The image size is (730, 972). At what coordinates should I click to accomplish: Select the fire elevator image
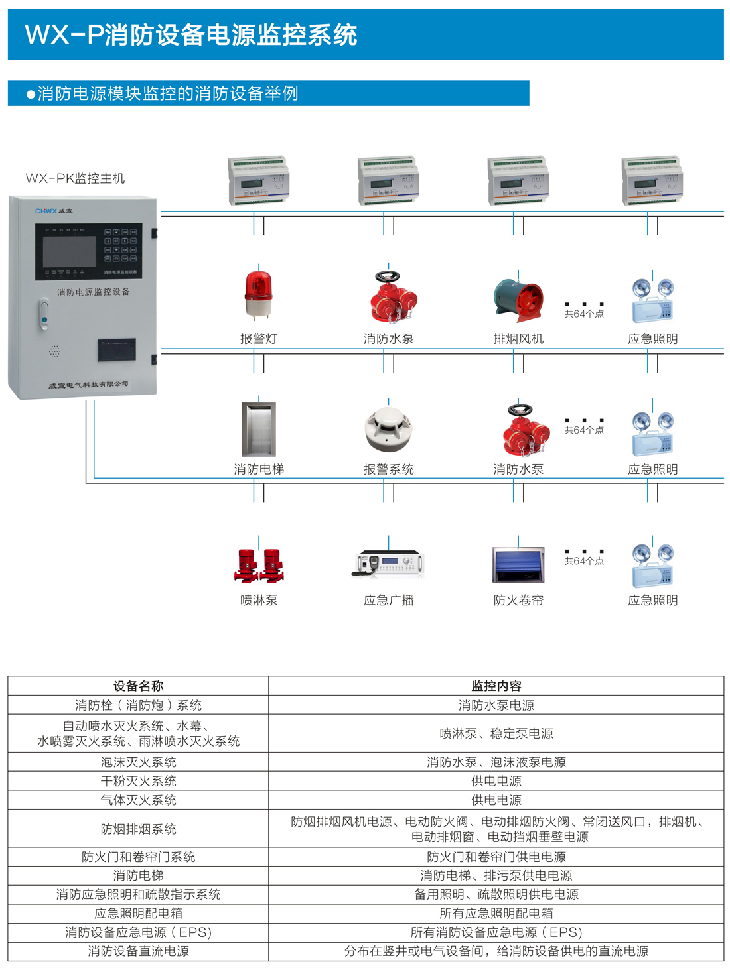click(259, 429)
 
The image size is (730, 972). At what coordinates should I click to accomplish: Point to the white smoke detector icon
click(389, 430)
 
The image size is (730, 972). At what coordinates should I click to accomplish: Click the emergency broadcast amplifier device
click(388, 564)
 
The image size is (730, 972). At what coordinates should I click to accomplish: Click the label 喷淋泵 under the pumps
click(259, 601)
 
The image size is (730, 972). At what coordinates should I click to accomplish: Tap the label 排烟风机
click(518, 339)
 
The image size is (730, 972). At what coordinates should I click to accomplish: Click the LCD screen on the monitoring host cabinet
click(69, 251)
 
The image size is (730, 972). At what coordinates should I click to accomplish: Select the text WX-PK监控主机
click(75, 178)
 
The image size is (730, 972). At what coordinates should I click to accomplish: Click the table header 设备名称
click(138, 686)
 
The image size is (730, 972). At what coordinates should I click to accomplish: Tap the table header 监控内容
click(496, 686)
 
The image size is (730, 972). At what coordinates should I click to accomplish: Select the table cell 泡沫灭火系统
click(138, 762)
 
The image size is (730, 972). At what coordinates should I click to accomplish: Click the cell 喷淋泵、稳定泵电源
click(496, 734)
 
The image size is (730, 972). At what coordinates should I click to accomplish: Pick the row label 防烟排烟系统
click(138, 829)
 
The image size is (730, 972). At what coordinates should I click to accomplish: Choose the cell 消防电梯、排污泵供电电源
click(496, 876)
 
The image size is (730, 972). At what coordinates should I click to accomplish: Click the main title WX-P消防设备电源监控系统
click(191, 35)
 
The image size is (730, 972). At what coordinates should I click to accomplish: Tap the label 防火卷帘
click(518, 601)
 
